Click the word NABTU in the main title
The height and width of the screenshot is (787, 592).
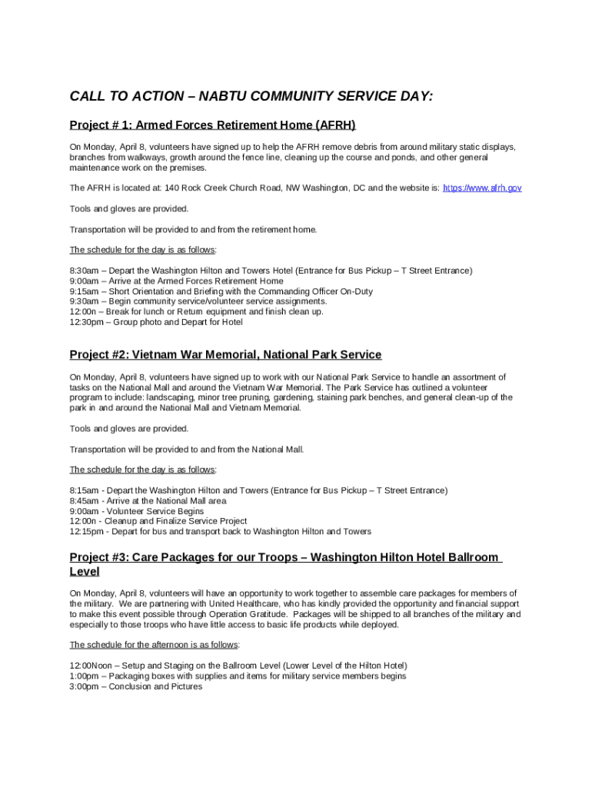tap(220, 96)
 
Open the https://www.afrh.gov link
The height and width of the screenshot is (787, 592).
tap(483, 188)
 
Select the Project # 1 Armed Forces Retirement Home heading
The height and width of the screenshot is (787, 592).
tap(212, 125)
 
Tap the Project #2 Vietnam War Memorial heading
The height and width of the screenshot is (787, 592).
tap(225, 354)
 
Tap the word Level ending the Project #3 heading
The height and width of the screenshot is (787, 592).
tap(85, 572)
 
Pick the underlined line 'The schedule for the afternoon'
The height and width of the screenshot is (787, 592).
tap(154, 645)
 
